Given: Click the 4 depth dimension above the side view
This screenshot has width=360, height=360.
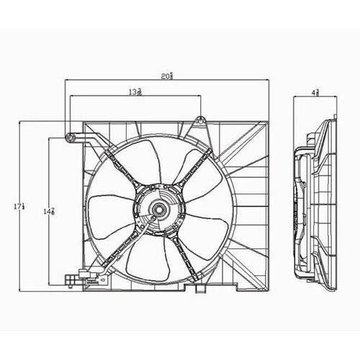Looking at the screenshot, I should point(315,92).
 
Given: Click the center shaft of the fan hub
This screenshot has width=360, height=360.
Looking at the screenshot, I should point(158,210).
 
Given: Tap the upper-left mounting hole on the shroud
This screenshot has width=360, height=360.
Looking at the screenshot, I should point(70,137).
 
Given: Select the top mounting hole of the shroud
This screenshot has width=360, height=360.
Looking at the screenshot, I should point(199,120).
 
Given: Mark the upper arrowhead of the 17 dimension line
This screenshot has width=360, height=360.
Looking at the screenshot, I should point(19,124).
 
